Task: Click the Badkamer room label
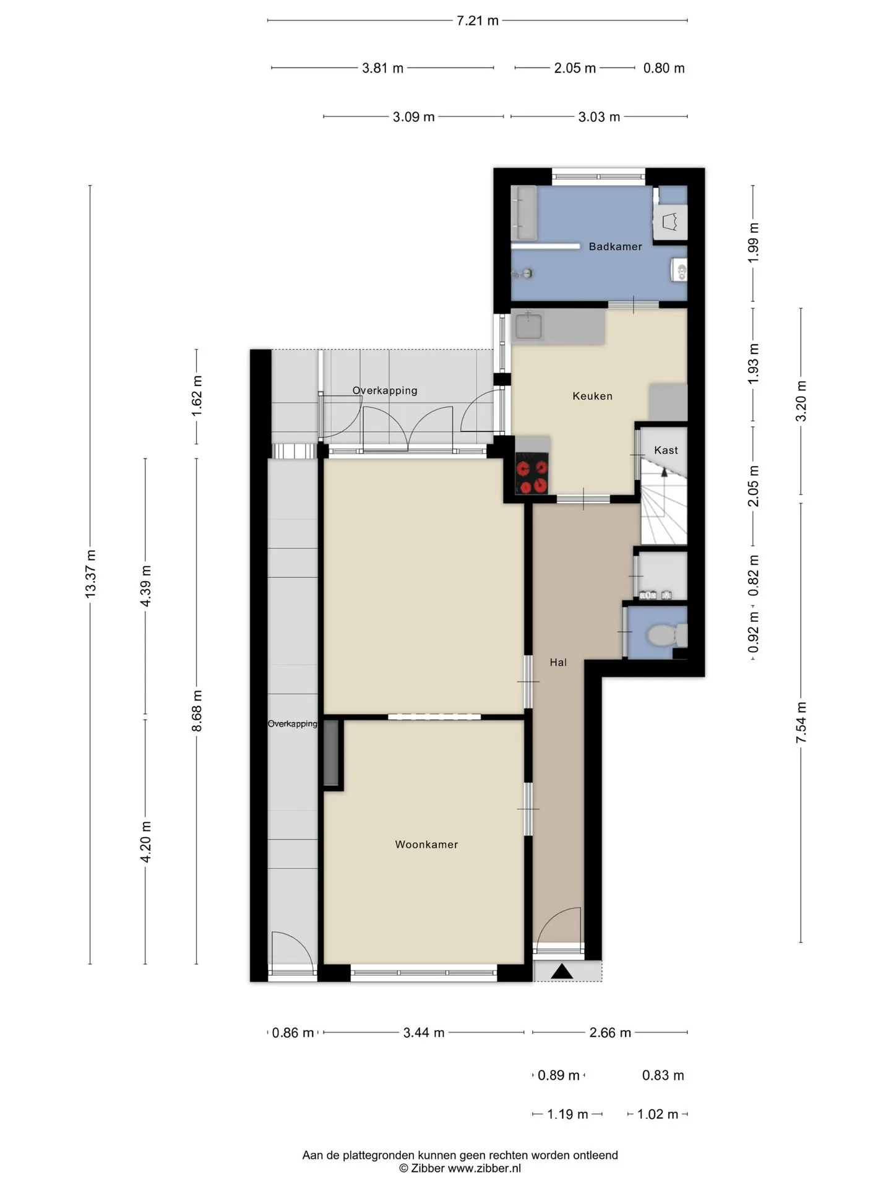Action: [615, 246]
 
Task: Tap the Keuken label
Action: [592, 396]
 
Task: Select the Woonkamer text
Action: [426, 845]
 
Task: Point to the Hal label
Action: [558, 662]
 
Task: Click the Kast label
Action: [666, 450]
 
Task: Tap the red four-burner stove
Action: [532, 474]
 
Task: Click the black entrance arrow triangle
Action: [562, 971]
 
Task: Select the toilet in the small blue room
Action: [666, 635]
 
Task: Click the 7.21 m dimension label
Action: [477, 20]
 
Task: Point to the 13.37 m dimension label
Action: [90, 574]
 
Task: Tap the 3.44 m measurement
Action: [424, 1032]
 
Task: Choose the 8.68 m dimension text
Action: [197, 711]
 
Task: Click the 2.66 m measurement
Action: [610, 1032]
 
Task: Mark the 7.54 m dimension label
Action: [801, 723]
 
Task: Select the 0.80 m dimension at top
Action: [664, 68]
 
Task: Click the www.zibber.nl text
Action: [484, 1168]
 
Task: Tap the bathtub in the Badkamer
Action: [524, 212]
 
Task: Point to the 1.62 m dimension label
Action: [197, 396]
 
